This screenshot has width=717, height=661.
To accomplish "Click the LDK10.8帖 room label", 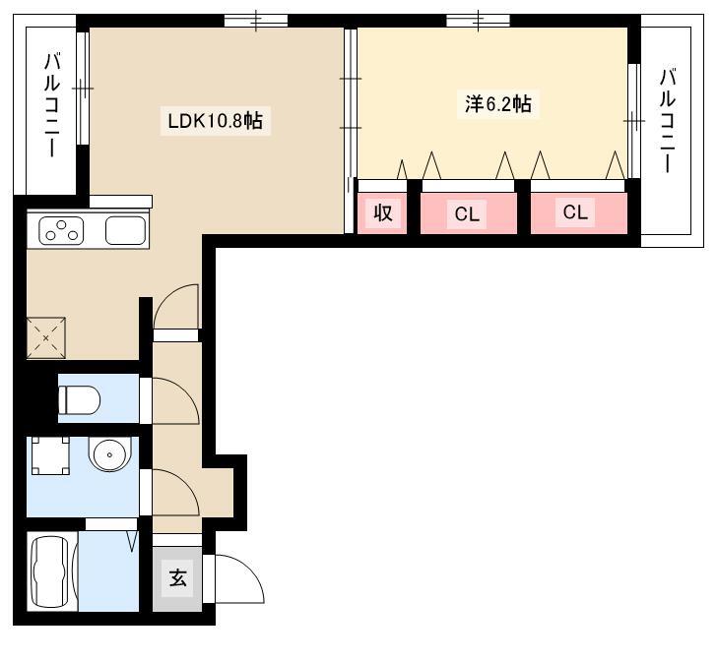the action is pyautogui.click(x=216, y=121).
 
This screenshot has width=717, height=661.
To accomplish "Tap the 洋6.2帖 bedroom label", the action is pyautogui.click(x=498, y=104).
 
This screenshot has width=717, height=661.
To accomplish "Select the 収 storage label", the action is pyautogui.click(x=383, y=212).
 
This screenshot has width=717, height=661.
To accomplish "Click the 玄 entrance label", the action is pyautogui.click(x=178, y=578).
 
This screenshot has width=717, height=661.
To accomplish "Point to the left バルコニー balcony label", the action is pyautogui.click(x=52, y=105).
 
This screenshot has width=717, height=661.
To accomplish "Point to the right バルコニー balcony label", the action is pyautogui.click(x=667, y=121).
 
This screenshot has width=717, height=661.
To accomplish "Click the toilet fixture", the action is pyautogui.click(x=79, y=399).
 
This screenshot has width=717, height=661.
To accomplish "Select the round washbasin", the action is pyautogui.click(x=109, y=454).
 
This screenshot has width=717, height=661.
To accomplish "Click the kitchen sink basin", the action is pyautogui.click(x=125, y=230).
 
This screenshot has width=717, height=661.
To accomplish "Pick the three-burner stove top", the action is pyautogui.click(x=61, y=230).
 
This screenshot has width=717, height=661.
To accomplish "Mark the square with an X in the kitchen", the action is pyautogui.click(x=45, y=338).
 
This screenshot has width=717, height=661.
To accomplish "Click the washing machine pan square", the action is pyautogui.click(x=50, y=455).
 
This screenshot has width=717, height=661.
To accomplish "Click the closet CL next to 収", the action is pyautogui.click(x=467, y=213).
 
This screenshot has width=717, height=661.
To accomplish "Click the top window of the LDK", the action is pyautogui.click(x=256, y=21).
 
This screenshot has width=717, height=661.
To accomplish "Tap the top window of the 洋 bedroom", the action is pyautogui.click(x=478, y=21).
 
